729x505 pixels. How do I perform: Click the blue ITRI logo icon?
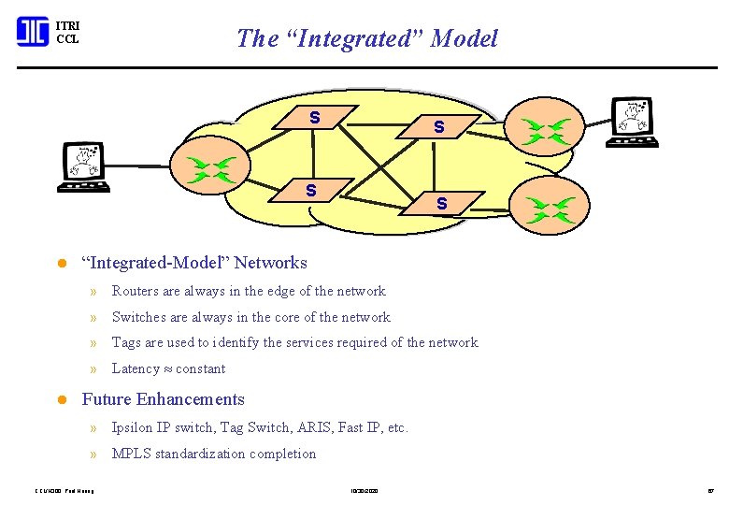(x=32, y=31)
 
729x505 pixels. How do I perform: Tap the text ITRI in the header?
(x=68, y=25)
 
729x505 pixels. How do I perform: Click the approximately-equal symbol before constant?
(x=169, y=368)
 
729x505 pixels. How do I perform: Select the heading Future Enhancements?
(x=164, y=399)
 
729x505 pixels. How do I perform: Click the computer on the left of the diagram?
(x=85, y=166)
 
